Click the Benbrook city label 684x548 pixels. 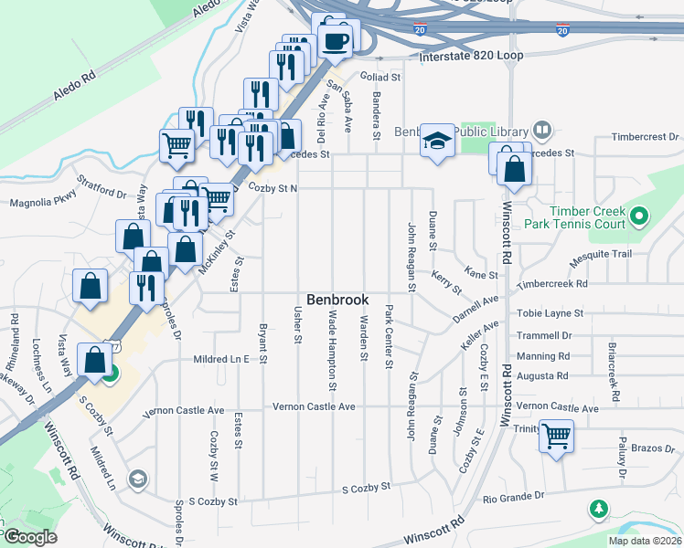click(337, 300)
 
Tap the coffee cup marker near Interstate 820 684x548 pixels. click(335, 40)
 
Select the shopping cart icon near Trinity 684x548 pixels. click(555, 436)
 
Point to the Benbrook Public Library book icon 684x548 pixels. click(542, 132)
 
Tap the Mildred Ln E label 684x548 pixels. click(221, 360)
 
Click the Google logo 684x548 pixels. click(29, 537)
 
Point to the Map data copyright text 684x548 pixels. click(645, 541)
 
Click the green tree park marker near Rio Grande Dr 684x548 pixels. click(600, 509)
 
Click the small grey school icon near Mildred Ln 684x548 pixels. click(137, 479)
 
